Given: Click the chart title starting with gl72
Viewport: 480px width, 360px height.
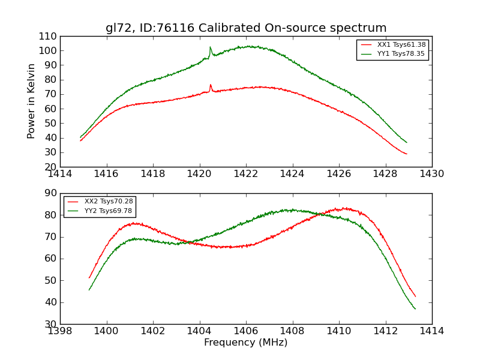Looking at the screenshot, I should (x=246, y=28).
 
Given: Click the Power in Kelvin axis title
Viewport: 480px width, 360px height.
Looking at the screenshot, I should (x=31, y=101).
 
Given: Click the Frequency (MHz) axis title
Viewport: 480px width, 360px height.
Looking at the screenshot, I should (x=246, y=343).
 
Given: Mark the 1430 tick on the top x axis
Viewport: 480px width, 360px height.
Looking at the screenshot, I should (x=432, y=173).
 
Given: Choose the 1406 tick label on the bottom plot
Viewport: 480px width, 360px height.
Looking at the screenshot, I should (x=246, y=331).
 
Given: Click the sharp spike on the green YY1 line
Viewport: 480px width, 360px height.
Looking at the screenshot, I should (x=210, y=47).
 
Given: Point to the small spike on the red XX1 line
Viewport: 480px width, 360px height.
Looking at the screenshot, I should (x=211, y=85).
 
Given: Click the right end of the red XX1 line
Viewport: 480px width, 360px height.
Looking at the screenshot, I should (x=407, y=154).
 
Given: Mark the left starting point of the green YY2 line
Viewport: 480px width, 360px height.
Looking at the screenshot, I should (x=89, y=290).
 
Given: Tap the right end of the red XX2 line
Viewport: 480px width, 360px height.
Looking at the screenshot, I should (x=415, y=296).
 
